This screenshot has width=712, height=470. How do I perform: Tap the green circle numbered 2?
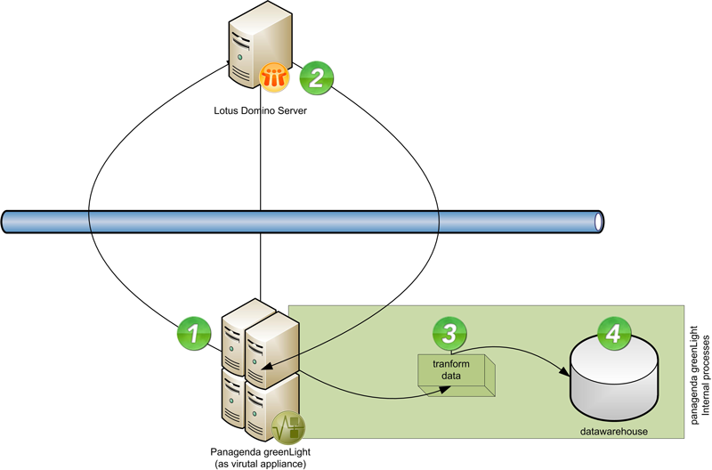315,77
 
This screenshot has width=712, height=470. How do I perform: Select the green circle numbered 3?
449,334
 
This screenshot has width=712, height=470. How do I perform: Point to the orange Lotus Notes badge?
273,77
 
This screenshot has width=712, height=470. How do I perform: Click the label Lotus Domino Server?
262,110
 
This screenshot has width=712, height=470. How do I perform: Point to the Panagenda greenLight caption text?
259,449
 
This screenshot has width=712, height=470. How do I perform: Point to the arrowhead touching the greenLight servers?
263,363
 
